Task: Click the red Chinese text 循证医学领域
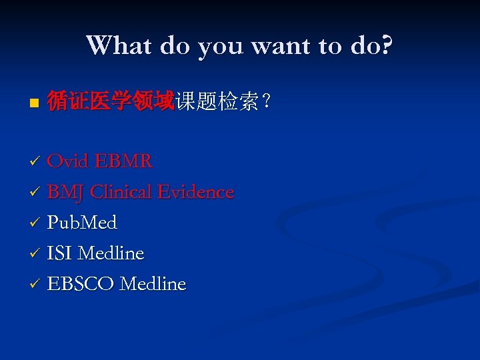point(111,102)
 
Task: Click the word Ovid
point(69,161)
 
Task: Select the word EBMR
point(124,161)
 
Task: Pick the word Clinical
point(121,192)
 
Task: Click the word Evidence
point(196,192)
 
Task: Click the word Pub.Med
point(82,223)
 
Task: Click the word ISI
point(60,253)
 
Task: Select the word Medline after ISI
point(111,253)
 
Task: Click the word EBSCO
point(81,284)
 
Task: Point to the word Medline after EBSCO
point(153,284)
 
